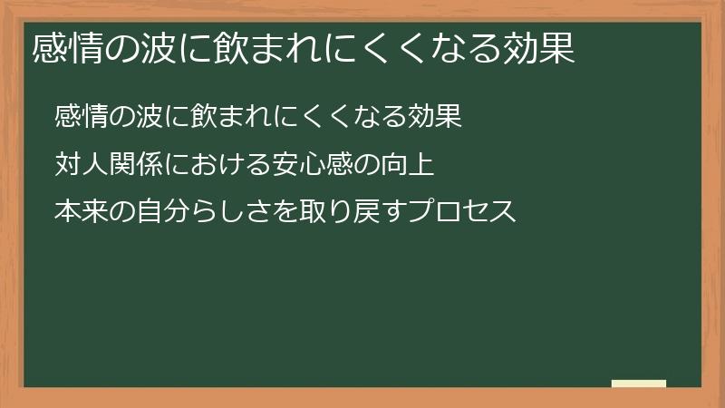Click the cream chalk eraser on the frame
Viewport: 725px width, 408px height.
point(639,384)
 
